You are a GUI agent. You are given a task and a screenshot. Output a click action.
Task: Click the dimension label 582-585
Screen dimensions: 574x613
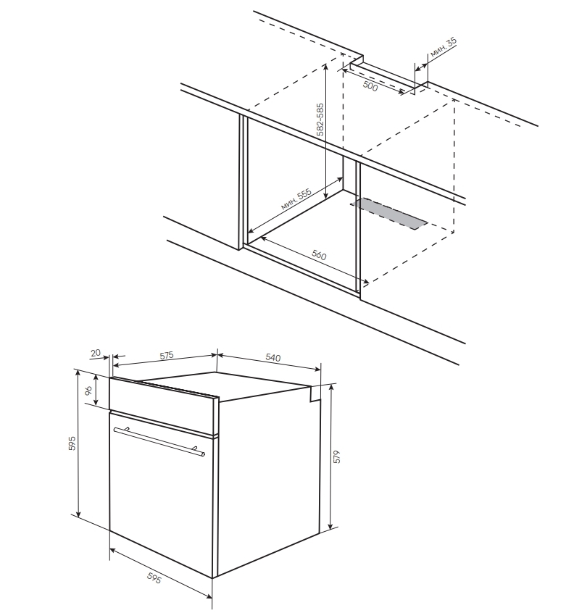[320, 120]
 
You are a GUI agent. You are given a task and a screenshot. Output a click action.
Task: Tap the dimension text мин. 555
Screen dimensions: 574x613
[296, 199]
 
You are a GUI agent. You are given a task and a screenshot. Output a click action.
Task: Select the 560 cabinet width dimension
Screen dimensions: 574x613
[319, 255]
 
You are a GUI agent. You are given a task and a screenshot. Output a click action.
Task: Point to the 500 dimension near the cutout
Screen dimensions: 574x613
[370, 86]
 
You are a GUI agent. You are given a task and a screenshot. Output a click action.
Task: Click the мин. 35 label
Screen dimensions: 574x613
[443, 48]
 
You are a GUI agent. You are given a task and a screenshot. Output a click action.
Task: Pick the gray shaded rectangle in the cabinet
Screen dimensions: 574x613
[388, 213]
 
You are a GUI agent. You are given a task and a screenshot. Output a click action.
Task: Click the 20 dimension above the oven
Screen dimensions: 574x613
[96, 353]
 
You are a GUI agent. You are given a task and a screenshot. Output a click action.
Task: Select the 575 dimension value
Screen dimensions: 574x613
[166, 355]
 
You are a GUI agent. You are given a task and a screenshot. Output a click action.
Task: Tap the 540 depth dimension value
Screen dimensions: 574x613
[273, 357]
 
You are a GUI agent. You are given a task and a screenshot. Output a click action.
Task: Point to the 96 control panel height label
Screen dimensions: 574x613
[88, 390]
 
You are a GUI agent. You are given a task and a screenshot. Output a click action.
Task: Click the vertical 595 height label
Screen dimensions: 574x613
[72, 443]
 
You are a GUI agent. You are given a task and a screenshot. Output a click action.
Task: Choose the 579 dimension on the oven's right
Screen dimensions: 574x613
[337, 456]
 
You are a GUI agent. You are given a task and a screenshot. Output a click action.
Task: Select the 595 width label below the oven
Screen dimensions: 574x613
[154, 577]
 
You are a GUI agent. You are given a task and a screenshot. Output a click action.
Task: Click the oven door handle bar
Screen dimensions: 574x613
[159, 441]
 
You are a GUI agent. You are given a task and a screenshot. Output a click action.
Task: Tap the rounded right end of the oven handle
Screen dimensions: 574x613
[202, 454]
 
